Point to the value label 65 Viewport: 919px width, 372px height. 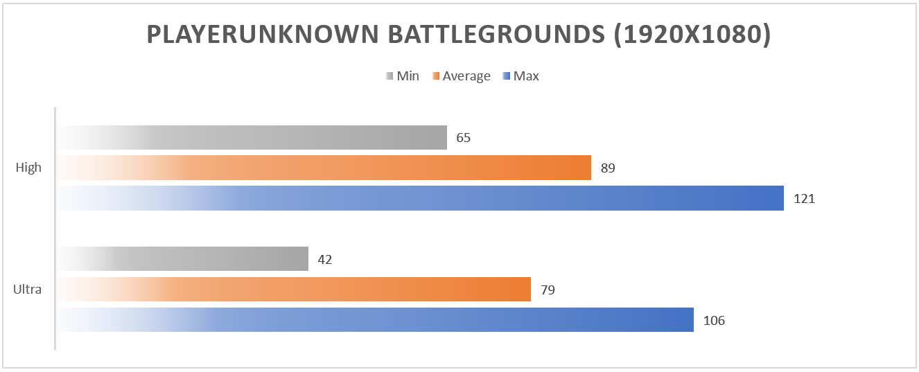click(x=464, y=138)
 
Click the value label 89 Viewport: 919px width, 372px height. click(x=608, y=168)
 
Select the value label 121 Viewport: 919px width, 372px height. click(x=804, y=199)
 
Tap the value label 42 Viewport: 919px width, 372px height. click(x=325, y=260)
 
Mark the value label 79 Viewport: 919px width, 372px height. click(x=548, y=290)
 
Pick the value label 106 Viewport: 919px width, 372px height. click(x=714, y=321)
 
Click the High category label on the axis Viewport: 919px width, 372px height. click(x=28, y=168)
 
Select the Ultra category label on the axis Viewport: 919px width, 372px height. click(x=28, y=290)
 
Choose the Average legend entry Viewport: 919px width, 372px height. click(x=466, y=76)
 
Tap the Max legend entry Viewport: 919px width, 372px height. click(x=525, y=76)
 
